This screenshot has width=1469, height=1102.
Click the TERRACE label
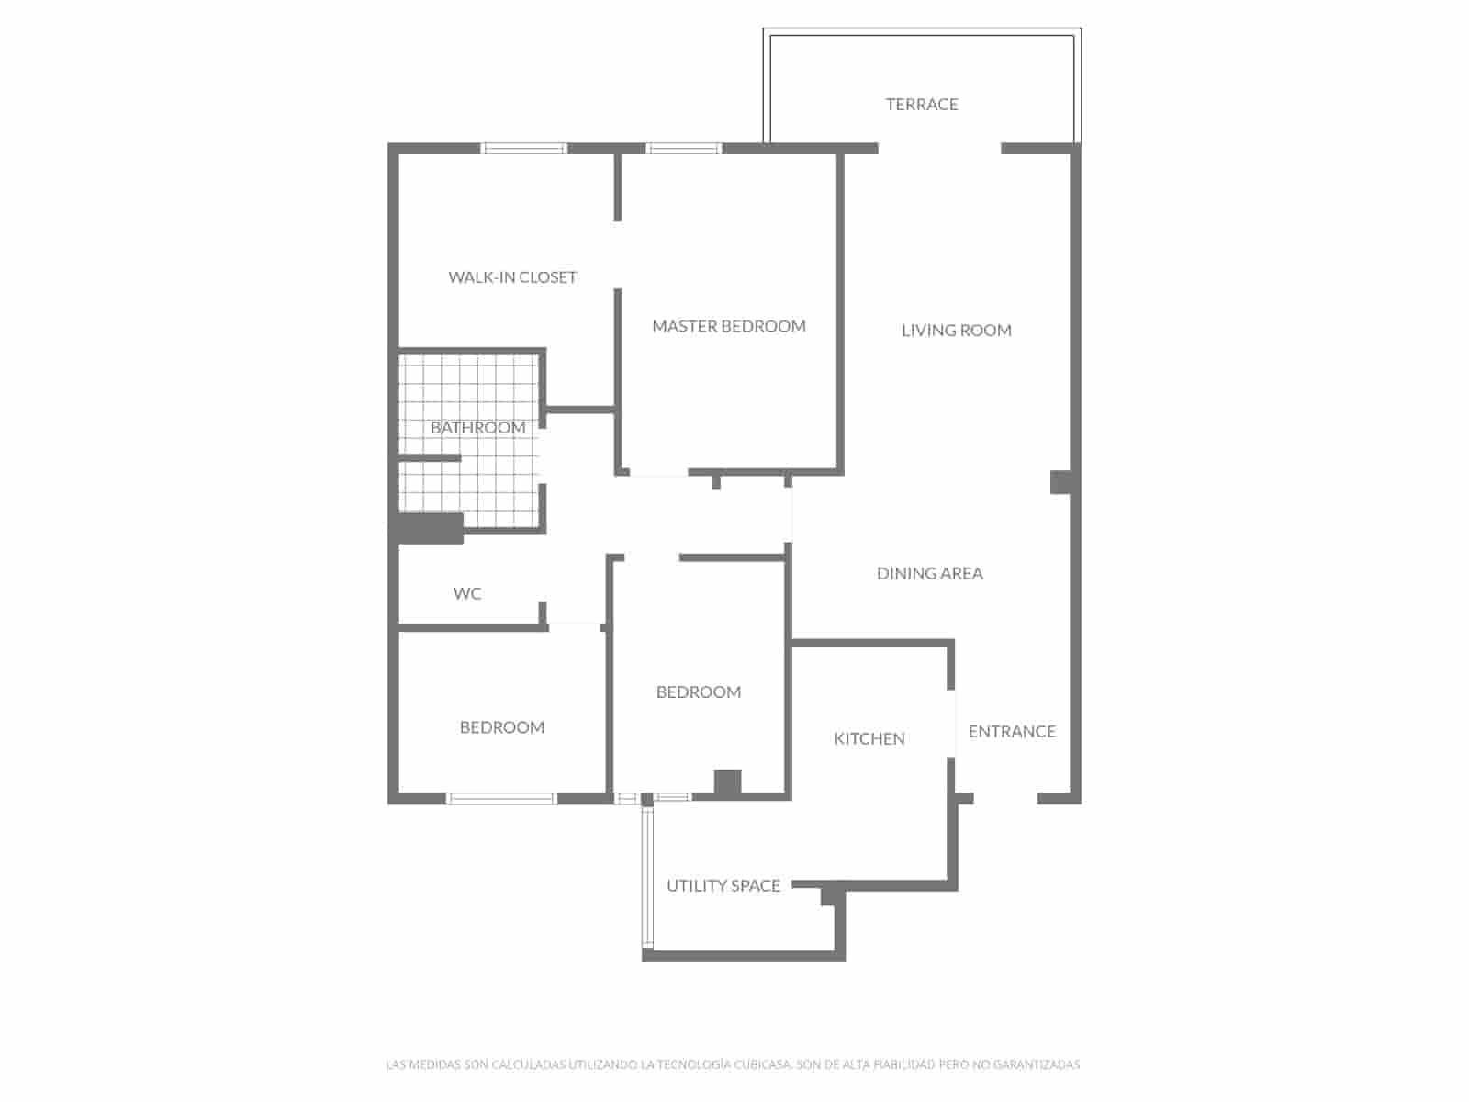click(922, 105)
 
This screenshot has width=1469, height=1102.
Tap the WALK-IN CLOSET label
click(512, 277)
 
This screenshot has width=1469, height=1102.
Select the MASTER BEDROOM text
click(729, 326)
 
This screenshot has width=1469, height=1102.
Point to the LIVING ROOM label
click(956, 331)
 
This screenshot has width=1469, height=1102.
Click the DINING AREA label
click(929, 574)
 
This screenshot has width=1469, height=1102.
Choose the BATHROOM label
click(477, 428)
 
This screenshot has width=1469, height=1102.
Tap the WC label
click(467, 594)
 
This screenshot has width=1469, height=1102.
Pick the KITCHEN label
click(869, 739)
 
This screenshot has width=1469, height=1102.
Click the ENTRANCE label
click(1012, 732)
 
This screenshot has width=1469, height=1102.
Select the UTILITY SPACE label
click(723, 886)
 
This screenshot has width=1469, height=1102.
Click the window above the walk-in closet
click(524, 148)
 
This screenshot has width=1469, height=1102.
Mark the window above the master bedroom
click(684, 148)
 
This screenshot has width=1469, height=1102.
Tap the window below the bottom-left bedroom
click(501, 799)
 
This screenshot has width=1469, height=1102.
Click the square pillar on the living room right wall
click(1060, 482)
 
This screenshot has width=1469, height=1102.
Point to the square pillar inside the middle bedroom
click(727, 782)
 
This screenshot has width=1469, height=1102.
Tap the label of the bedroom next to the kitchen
click(699, 692)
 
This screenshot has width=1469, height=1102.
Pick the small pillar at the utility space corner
click(831, 894)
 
